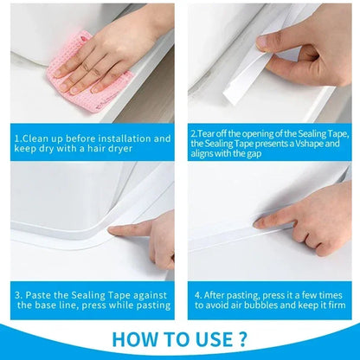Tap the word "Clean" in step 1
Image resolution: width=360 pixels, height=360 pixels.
point(40,138)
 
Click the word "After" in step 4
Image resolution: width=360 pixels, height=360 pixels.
point(220,293)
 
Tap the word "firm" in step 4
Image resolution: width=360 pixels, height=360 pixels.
point(335,305)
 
